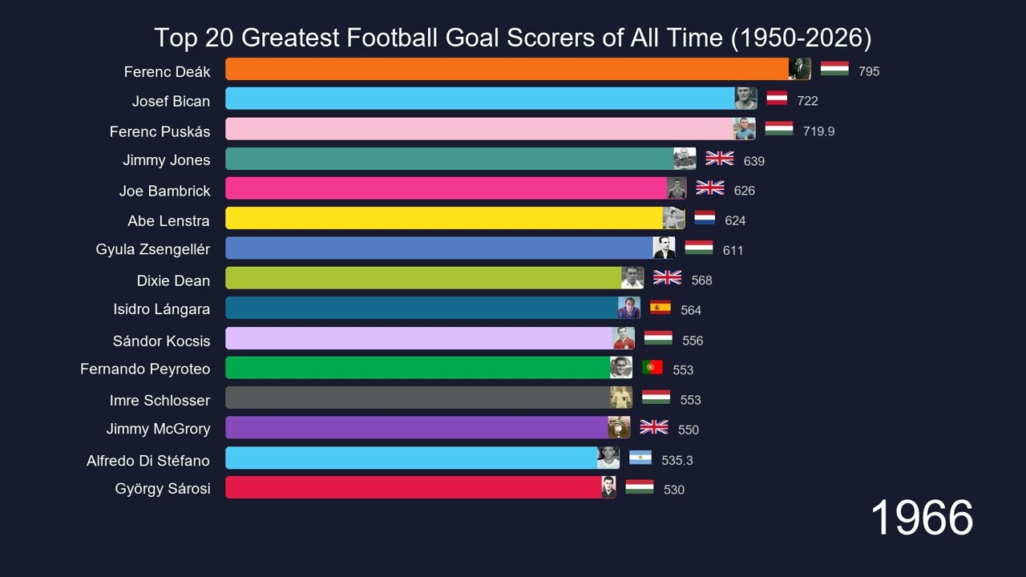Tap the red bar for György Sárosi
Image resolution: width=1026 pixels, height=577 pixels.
414,487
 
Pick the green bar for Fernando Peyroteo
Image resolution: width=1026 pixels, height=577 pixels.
418,368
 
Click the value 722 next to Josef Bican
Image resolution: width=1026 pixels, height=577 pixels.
807,101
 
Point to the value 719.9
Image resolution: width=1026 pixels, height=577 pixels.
818,131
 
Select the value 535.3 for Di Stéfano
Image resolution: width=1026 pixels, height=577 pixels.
677,460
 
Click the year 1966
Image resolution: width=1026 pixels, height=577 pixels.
921,518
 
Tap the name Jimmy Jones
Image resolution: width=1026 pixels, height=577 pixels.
167,160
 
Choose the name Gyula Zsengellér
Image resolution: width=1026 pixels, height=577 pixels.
153,249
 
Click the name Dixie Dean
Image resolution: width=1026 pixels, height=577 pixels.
173,280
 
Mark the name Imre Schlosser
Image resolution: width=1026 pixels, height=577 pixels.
160,400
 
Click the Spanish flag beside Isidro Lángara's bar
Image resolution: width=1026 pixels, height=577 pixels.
660,308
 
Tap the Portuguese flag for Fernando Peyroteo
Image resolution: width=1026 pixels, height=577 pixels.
652,367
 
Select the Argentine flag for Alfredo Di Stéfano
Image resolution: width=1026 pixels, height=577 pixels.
640,458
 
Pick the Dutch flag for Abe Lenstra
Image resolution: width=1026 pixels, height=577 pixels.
705,218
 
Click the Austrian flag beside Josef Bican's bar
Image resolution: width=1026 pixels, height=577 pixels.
777,99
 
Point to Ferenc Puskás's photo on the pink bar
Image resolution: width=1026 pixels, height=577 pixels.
745,129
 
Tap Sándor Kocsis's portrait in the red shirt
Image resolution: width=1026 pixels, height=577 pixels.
624,338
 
